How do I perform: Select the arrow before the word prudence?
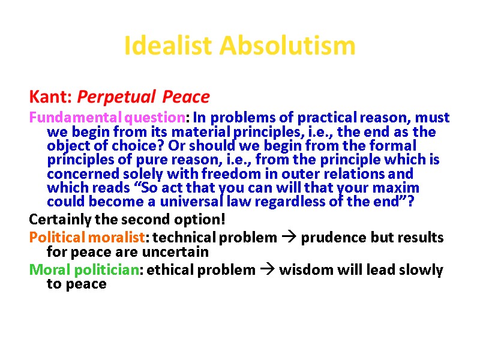(286, 237)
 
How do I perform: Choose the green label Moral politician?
(84, 270)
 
